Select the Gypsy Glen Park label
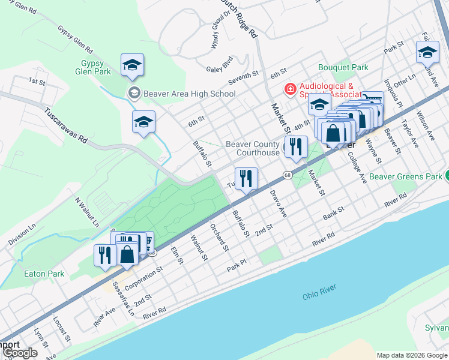[x=92, y=67]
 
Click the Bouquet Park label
[x=343, y=68]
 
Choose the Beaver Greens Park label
[x=405, y=176]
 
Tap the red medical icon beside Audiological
[x=291, y=89]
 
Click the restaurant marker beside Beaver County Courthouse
[x=295, y=147]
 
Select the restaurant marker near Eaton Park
[x=104, y=254]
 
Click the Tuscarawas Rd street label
[x=66, y=124]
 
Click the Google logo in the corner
[x=20, y=353]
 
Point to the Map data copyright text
[x=412, y=355]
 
